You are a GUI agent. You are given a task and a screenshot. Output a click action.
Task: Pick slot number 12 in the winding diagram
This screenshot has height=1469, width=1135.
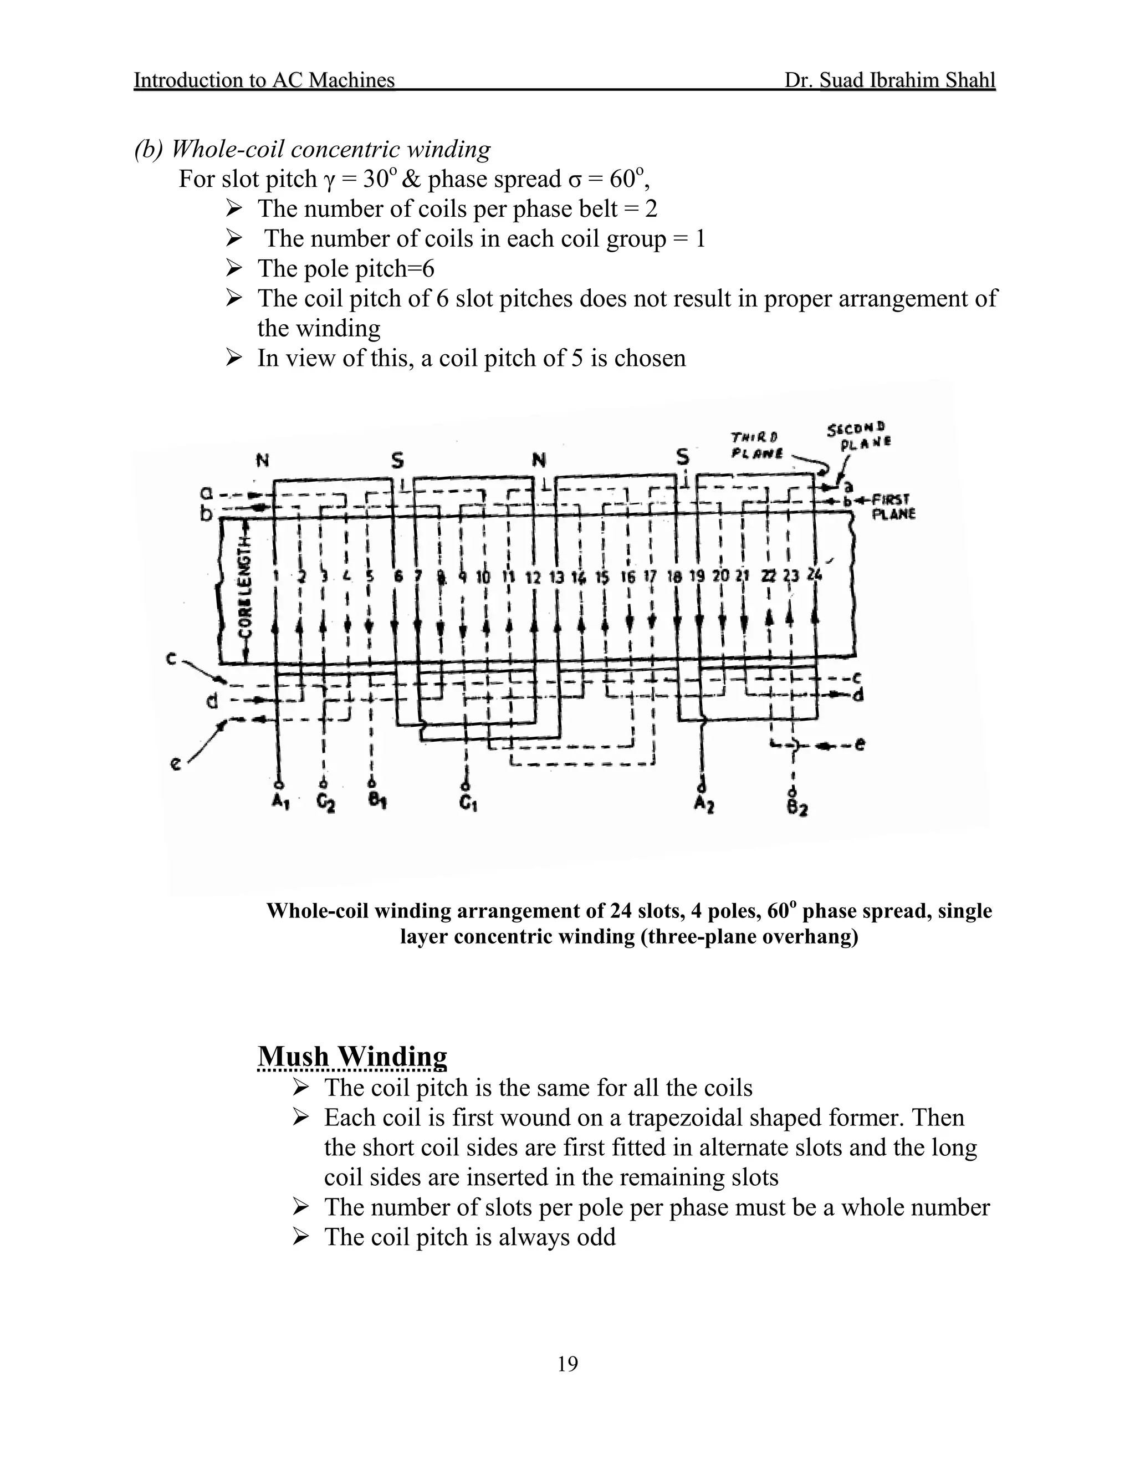tap(533, 578)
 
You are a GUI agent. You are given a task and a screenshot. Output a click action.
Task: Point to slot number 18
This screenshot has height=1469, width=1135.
tap(674, 577)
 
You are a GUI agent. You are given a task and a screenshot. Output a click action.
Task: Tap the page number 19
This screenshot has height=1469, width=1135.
tap(567, 1364)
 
